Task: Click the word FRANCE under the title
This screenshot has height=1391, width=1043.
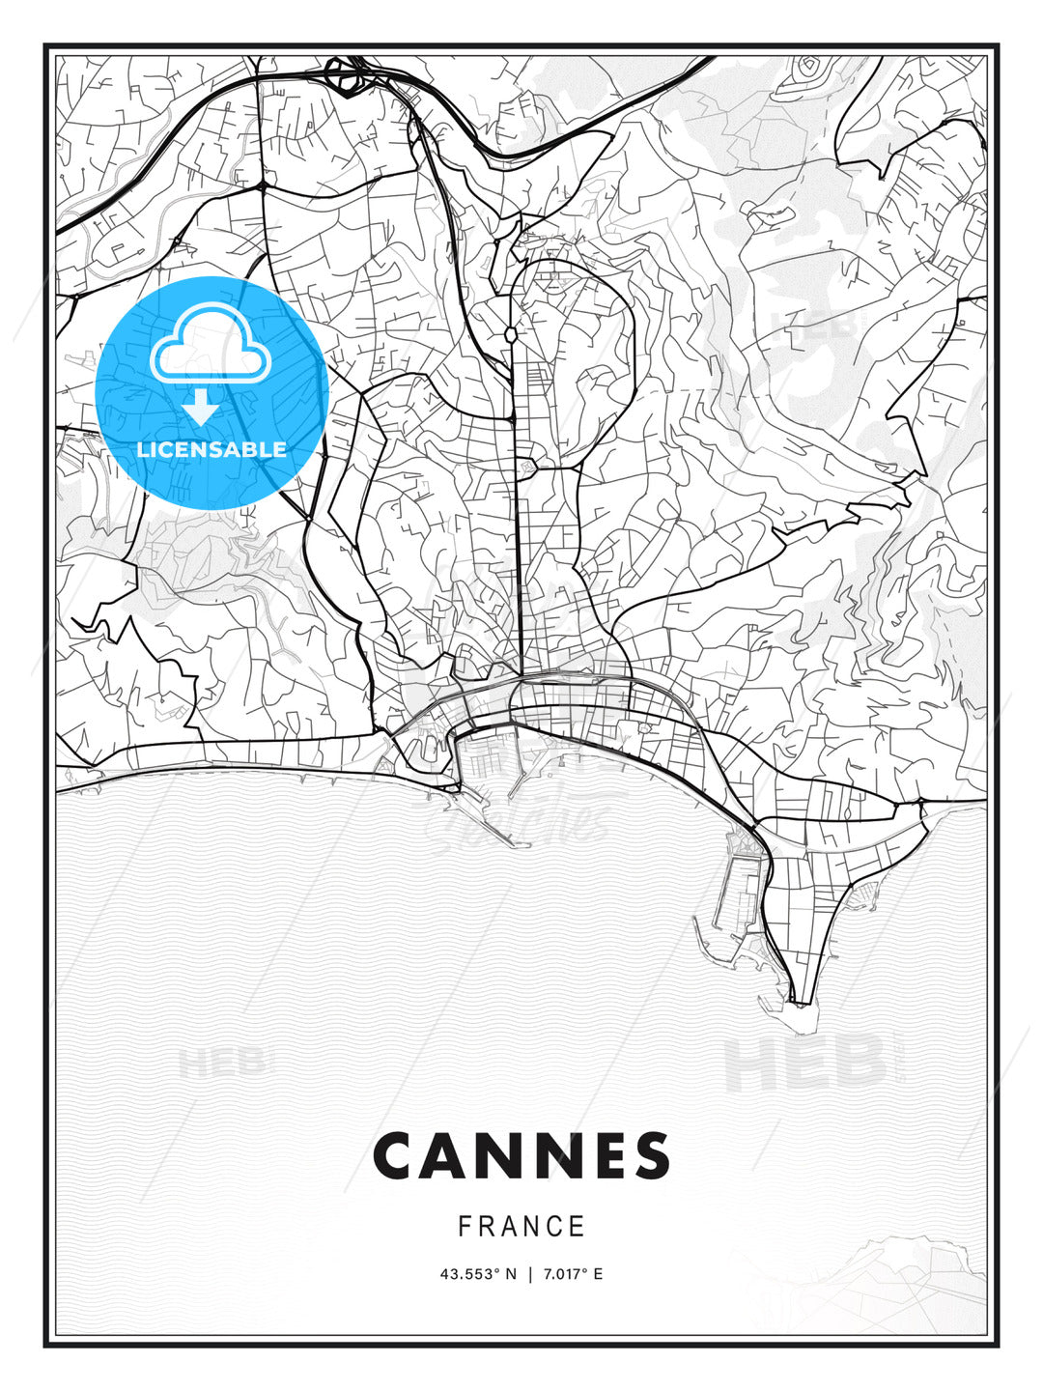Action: point(521,1227)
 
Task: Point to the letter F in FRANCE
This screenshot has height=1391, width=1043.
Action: point(465,1227)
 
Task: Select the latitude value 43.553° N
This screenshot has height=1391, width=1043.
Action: point(477,1274)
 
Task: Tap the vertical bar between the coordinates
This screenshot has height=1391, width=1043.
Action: point(529,1274)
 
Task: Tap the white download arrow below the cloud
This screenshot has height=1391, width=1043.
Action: point(202,407)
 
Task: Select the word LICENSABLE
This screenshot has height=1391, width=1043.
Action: point(211,449)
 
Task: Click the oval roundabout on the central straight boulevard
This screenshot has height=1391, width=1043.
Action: point(510,334)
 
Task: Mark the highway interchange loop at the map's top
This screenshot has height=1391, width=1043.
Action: point(343,75)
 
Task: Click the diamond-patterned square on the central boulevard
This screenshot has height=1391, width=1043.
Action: point(527,468)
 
